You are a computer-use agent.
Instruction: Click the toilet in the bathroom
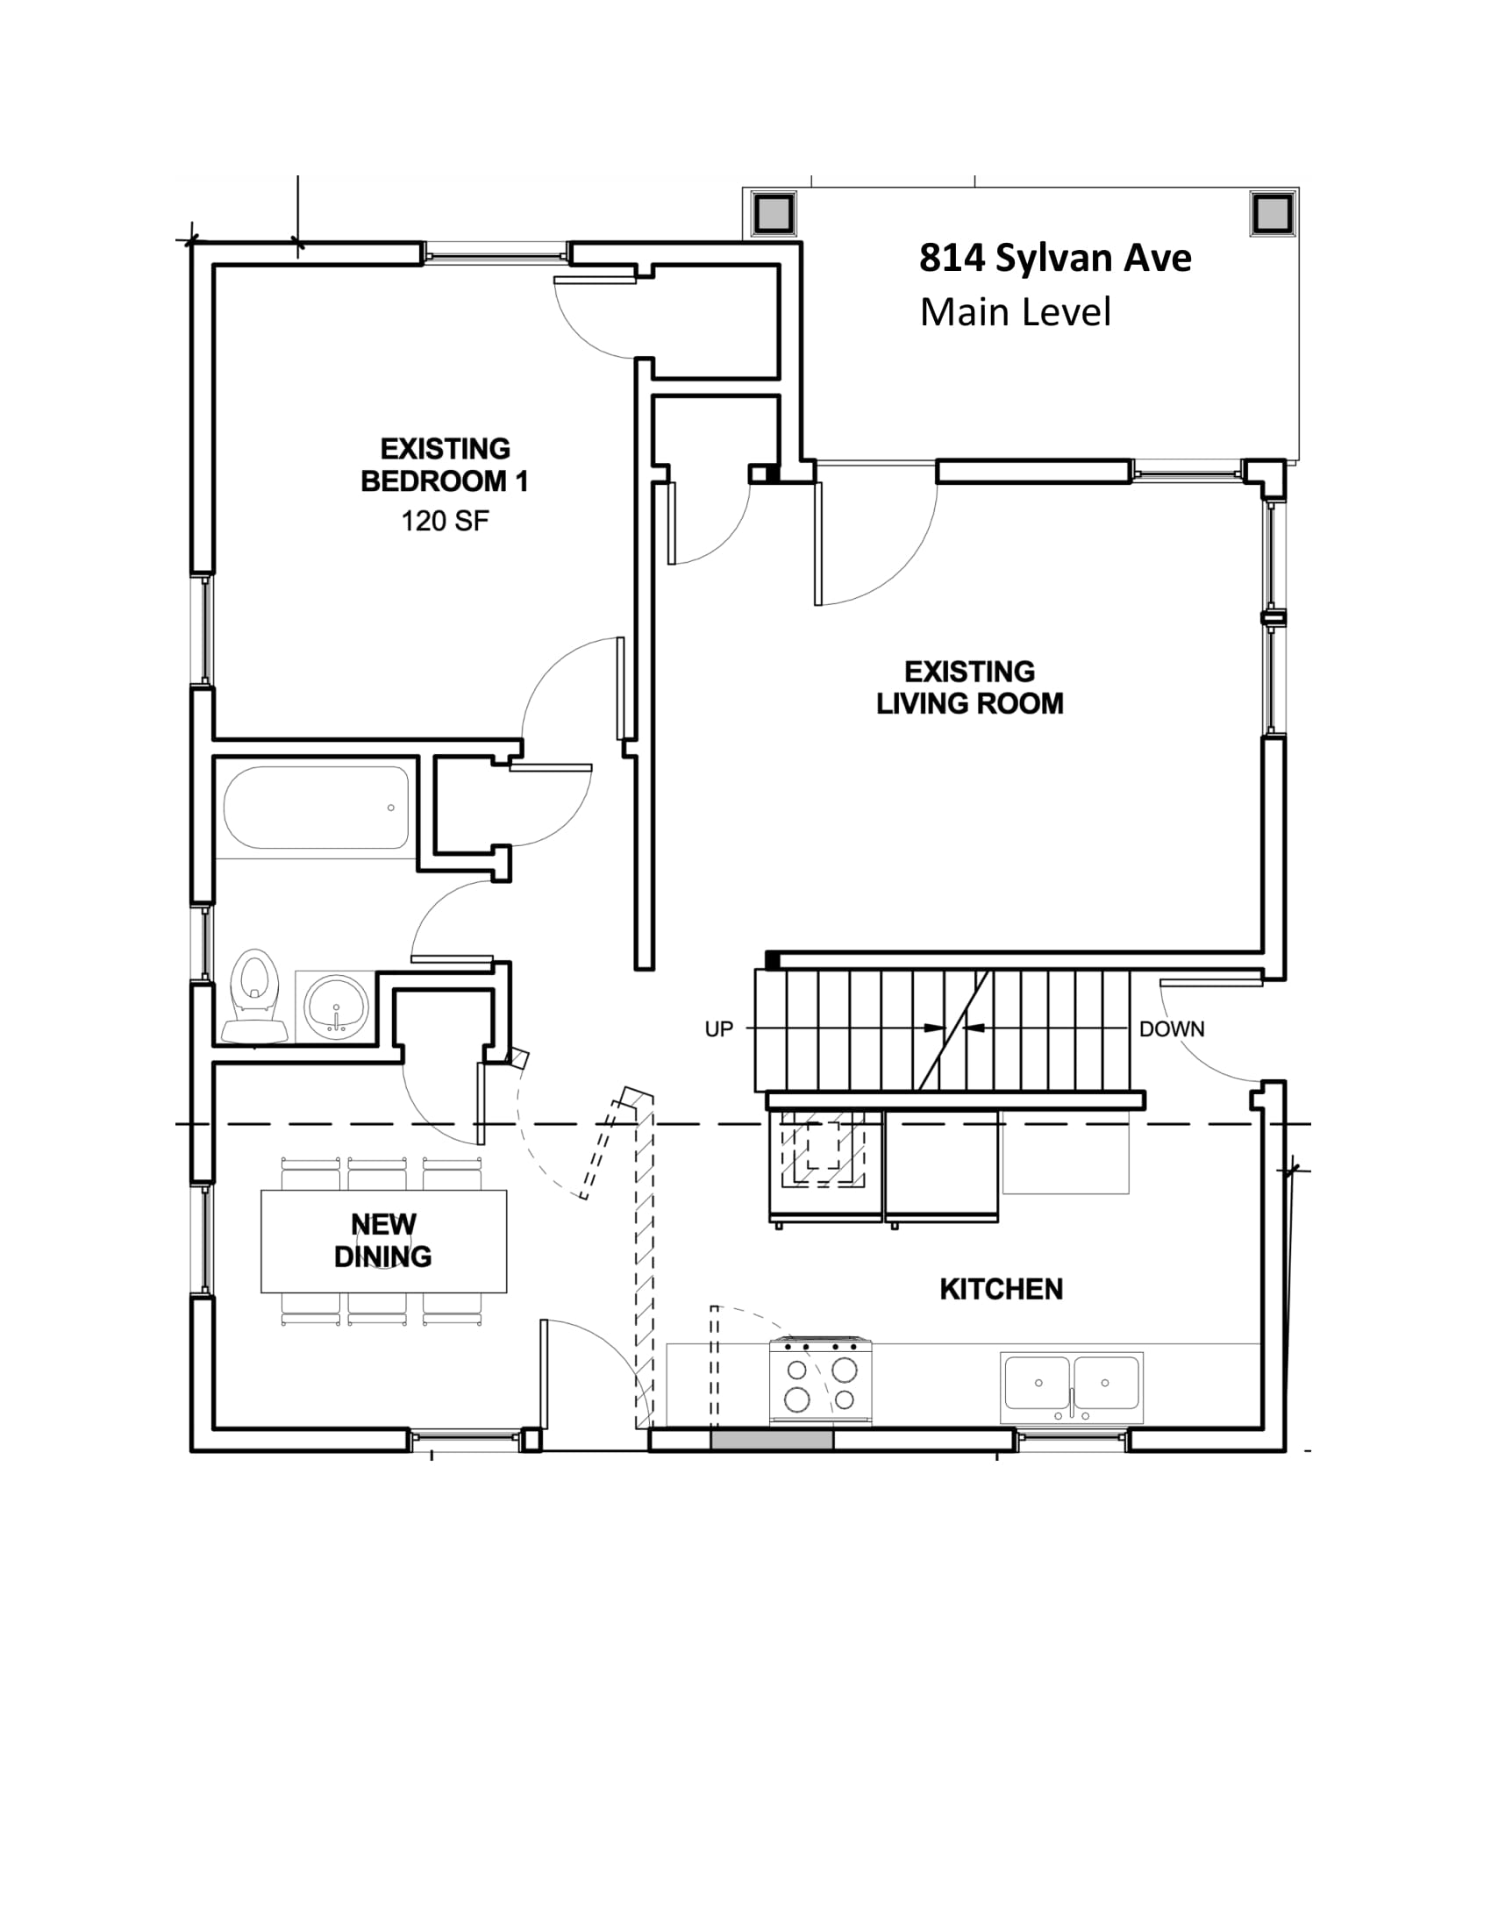(254, 996)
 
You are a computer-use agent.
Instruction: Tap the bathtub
(317, 808)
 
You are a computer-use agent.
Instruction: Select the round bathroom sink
(336, 1006)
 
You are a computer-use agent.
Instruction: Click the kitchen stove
(821, 1379)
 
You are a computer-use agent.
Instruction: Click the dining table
(383, 1241)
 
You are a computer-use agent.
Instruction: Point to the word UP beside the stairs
(718, 1029)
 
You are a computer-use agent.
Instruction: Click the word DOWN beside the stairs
(1171, 1029)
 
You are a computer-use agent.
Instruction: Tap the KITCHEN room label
(1001, 1290)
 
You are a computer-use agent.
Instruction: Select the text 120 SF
(446, 521)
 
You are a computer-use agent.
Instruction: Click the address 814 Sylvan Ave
(1055, 258)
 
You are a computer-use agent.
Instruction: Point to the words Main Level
(1015, 313)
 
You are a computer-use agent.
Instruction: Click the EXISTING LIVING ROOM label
(970, 688)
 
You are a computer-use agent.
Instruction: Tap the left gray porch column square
(774, 213)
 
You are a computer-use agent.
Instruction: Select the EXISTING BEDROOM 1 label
(446, 466)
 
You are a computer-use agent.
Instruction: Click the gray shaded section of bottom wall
(772, 1441)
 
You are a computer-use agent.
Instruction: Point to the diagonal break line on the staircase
(954, 1030)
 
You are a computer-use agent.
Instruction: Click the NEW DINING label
(383, 1241)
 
